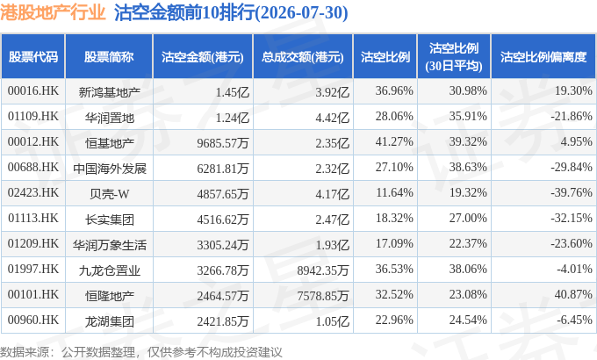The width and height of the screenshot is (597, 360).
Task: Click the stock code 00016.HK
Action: [x=33, y=90]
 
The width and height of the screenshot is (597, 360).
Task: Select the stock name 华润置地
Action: [x=109, y=118]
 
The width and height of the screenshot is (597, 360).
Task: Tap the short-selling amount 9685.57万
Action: [x=223, y=143]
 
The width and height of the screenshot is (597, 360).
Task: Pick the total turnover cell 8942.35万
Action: [x=323, y=270]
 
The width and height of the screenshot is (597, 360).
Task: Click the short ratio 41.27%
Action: [x=394, y=141]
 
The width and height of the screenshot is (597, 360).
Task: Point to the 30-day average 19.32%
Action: [x=468, y=193]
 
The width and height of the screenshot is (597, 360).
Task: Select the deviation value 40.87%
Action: [x=573, y=294]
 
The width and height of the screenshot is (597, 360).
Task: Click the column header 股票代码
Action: [x=33, y=57]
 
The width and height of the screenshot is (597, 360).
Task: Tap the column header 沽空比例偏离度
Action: [x=543, y=57]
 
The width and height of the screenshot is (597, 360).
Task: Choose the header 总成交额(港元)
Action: [x=303, y=57]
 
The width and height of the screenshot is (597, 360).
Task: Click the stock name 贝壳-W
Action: [x=109, y=194]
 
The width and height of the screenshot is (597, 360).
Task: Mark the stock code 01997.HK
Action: [x=33, y=269]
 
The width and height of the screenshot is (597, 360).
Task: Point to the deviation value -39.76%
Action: [x=572, y=193]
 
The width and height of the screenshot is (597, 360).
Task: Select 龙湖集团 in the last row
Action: [x=109, y=321]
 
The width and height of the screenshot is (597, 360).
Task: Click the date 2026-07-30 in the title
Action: [x=302, y=12]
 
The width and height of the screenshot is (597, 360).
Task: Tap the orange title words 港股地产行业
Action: [x=53, y=12]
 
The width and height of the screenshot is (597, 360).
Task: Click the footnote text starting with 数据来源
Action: [x=141, y=352]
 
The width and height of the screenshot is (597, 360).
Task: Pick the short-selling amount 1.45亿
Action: [x=233, y=92]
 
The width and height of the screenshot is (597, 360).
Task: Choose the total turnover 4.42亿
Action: [x=333, y=118]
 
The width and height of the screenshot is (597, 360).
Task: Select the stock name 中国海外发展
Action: [x=109, y=169]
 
